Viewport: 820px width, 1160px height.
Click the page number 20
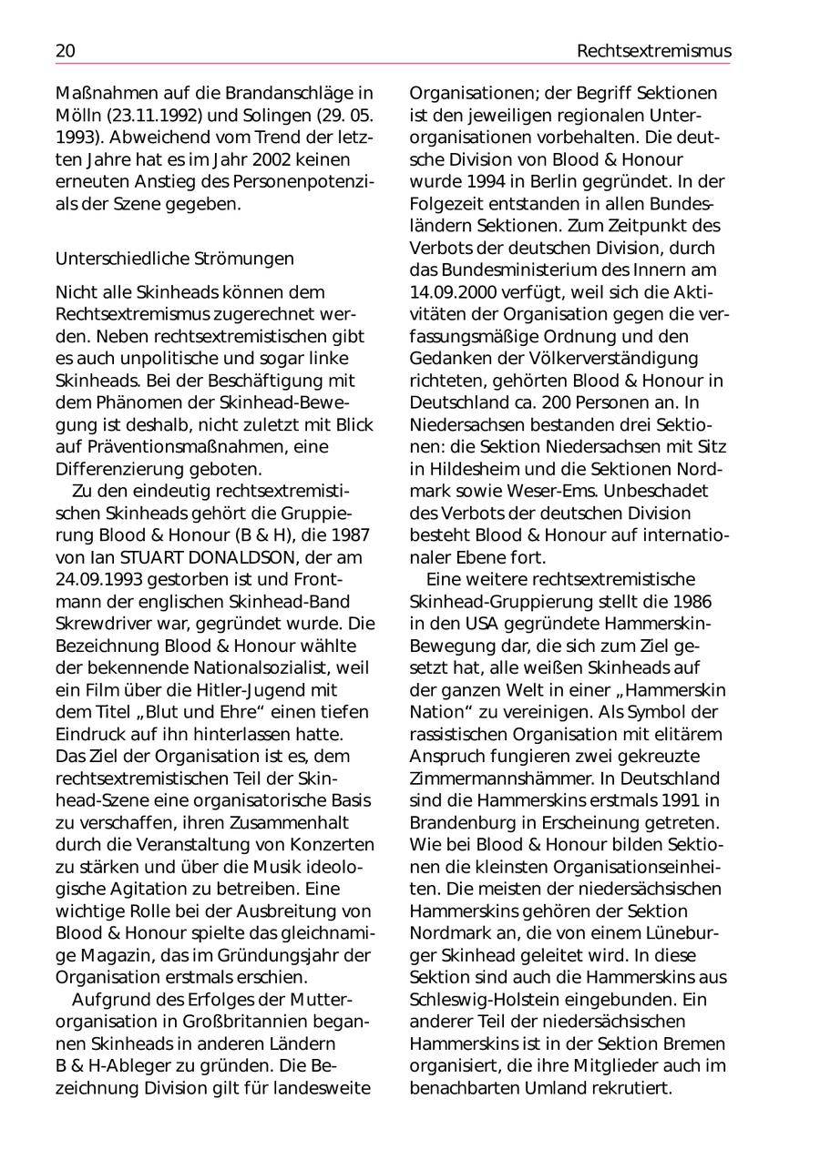tap(66, 52)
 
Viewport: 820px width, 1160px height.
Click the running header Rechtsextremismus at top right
tap(653, 52)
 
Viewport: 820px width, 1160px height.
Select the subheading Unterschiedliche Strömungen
tap(175, 259)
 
